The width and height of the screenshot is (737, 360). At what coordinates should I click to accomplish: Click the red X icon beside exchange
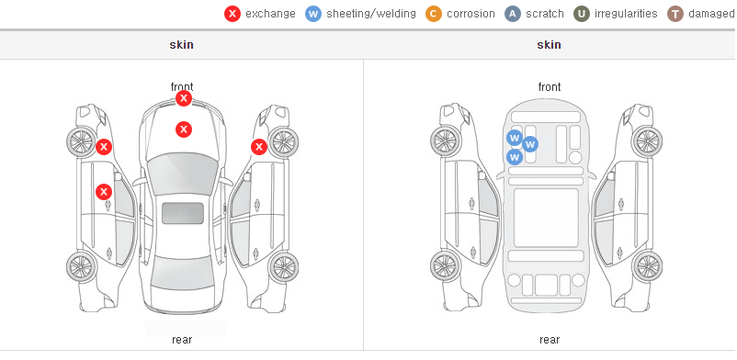click(x=232, y=14)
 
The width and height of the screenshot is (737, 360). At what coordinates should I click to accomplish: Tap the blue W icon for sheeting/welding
click(x=313, y=14)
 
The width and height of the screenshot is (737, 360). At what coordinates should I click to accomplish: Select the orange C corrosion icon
click(x=434, y=14)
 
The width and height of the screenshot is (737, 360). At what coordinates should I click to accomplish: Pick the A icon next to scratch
click(x=513, y=14)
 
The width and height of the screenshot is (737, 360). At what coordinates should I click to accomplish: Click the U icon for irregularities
click(x=582, y=14)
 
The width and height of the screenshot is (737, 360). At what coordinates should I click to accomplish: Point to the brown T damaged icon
click(x=675, y=14)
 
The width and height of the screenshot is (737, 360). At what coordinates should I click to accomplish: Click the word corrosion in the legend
click(x=471, y=14)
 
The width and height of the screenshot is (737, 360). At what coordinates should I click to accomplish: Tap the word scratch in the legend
click(x=545, y=14)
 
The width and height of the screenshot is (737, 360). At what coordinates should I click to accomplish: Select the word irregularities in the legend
click(x=626, y=14)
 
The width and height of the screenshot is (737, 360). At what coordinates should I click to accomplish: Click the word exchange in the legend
click(x=270, y=14)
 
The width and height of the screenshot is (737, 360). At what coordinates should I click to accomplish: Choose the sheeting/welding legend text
click(x=371, y=14)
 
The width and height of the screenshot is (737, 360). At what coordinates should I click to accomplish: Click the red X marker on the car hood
click(x=184, y=129)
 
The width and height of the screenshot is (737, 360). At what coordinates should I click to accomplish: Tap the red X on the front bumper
click(x=184, y=98)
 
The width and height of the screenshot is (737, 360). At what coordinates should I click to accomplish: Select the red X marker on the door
click(x=104, y=192)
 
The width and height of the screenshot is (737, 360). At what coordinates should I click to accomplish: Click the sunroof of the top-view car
click(x=183, y=213)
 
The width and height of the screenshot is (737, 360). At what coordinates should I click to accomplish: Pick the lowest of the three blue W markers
click(x=515, y=157)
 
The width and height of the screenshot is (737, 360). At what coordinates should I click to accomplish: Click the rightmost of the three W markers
click(x=530, y=144)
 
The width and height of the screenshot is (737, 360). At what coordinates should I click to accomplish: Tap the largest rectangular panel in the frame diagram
click(x=546, y=218)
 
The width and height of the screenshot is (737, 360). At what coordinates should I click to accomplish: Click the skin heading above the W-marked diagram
click(x=549, y=45)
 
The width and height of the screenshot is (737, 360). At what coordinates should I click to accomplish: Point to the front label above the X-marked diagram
click(x=182, y=87)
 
